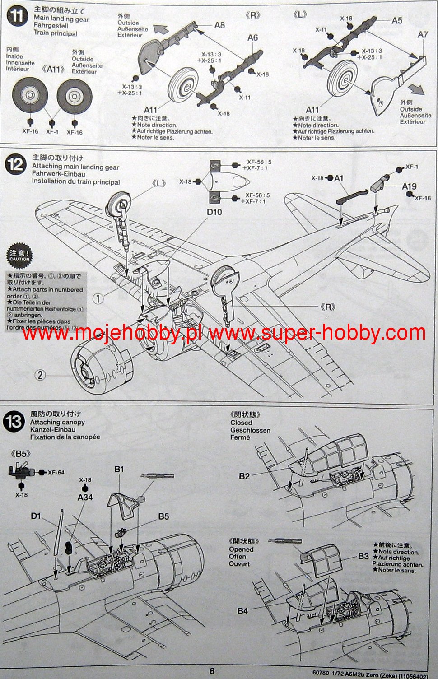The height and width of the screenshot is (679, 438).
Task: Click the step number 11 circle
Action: [x=17, y=17]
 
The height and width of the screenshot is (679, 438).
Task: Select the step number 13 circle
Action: [x=14, y=422]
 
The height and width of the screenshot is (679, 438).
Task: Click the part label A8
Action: [x=219, y=25]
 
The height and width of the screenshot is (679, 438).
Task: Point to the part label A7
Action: [x=423, y=34]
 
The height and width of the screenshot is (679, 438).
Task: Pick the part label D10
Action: [x=214, y=212]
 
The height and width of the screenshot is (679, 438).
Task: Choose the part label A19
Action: [x=409, y=186]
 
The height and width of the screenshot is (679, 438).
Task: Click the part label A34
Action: [x=85, y=497]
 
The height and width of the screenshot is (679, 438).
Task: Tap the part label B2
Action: [x=244, y=476]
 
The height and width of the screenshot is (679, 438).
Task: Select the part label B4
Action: [x=242, y=611]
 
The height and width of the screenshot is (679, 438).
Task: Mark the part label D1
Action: [x=36, y=516]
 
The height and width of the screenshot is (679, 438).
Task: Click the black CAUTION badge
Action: [x=19, y=256]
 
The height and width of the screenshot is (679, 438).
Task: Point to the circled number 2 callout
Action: [x=40, y=375]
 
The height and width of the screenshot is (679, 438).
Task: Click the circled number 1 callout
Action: [x=98, y=298]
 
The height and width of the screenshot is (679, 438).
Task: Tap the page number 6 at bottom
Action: [x=212, y=671]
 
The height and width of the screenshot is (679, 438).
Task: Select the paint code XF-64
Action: [x=56, y=472]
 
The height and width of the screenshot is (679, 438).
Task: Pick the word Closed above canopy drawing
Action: [x=241, y=423]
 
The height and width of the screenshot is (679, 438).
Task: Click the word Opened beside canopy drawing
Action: [x=241, y=549]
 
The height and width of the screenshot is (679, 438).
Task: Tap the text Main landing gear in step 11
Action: [x=61, y=19]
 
